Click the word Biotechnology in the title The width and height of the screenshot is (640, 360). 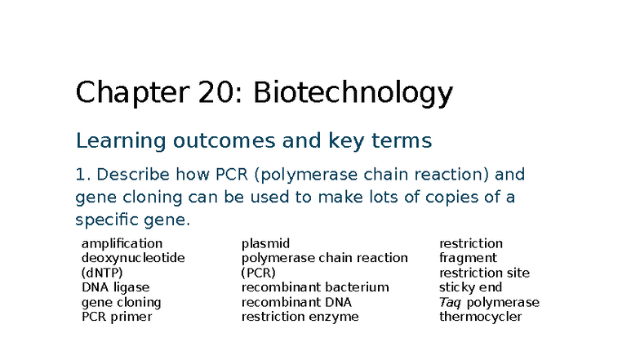[x=353, y=94]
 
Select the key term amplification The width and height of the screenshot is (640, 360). [x=122, y=243]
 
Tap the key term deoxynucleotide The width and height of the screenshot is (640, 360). [x=133, y=258]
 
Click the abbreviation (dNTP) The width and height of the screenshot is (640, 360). [x=100, y=273]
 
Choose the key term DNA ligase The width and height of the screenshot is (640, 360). [x=115, y=287]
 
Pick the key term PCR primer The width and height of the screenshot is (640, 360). [x=117, y=317]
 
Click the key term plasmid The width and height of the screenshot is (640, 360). [x=265, y=243]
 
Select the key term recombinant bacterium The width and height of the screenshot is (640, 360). [x=315, y=287]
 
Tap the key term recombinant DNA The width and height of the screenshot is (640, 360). [x=296, y=302]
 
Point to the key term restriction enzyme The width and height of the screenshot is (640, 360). [x=300, y=317]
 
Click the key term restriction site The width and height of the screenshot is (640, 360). [x=484, y=273]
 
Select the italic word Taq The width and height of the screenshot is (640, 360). [x=450, y=302]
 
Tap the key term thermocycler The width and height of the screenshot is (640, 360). [x=480, y=317]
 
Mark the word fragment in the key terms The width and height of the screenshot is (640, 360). [x=468, y=258]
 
